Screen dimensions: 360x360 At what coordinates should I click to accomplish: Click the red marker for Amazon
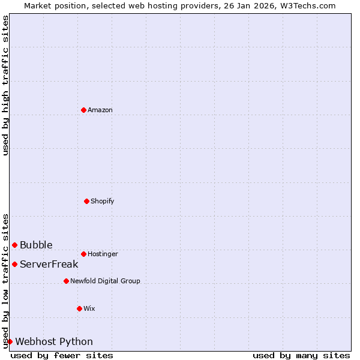coord(84,110)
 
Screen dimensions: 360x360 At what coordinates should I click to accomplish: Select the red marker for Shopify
coord(86,201)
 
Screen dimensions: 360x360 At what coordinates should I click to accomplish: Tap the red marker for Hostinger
coord(83,254)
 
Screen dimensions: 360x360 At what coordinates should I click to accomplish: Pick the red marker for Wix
coord(79,308)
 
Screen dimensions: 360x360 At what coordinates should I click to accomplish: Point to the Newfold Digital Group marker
coord(66,281)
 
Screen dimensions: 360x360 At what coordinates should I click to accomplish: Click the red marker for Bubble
coord(14,245)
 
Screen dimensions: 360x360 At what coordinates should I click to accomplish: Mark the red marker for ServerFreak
coord(14,264)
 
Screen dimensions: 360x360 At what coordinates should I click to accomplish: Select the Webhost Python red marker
coord(10,341)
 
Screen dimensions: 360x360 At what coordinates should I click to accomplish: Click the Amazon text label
coord(100,110)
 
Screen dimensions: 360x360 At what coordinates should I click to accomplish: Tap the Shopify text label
coord(103,201)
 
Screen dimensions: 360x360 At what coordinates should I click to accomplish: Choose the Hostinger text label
coord(103,254)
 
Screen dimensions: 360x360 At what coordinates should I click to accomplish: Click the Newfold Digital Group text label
coord(105,281)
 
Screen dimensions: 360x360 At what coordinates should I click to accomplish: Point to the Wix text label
coord(89,308)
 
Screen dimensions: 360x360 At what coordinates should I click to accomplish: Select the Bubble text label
coord(36,245)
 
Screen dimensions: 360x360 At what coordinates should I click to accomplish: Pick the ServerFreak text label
coord(49,264)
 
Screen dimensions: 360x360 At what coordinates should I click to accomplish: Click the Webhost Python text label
coord(54,341)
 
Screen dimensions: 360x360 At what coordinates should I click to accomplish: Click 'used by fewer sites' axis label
coord(62,355)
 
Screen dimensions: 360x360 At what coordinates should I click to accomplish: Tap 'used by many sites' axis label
coord(301,355)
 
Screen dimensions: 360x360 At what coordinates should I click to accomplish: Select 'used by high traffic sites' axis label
coord(5,85)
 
